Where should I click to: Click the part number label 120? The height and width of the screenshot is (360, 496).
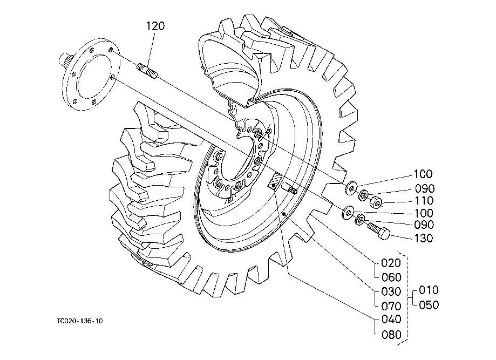[x=155, y=26]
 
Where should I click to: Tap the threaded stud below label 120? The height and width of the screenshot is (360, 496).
[x=147, y=71]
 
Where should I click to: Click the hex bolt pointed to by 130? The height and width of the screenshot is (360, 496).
[x=379, y=230]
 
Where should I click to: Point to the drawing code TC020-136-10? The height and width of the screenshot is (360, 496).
[x=80, y=321]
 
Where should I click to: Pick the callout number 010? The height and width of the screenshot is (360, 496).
[x=429, y=290]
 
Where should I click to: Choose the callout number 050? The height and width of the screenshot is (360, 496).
[x=429, y=305]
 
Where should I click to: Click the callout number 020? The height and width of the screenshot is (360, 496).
[x=391, y=262]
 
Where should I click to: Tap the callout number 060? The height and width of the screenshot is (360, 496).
[x=392, y=277]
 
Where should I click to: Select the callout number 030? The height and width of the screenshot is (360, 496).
[x=391, y=291]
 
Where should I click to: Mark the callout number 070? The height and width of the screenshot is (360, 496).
[x=392, y=306]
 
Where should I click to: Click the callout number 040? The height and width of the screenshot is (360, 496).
[x=392, y=319]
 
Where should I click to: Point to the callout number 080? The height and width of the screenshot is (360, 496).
[x=392, y=335]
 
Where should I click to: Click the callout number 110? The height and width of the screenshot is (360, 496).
[x=424, y=201]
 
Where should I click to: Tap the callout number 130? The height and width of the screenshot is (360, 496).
[x=423, y=238]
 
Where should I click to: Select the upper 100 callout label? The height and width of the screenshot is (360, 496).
[x=423, y=174]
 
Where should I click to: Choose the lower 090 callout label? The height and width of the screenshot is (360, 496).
[x=424, y=225]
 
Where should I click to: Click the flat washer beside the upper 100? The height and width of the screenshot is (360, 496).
[x=351, y=188]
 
